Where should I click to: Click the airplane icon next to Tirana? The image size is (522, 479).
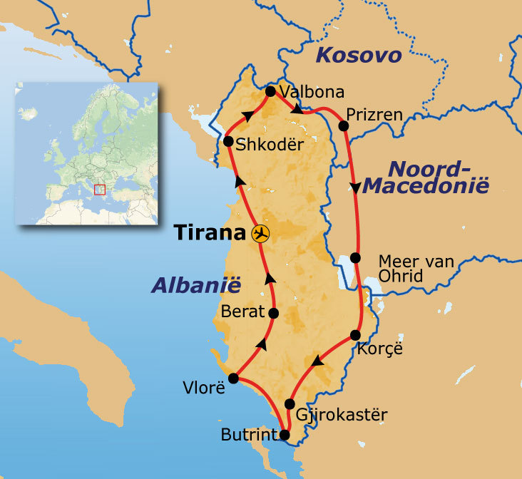(x=261, y=233)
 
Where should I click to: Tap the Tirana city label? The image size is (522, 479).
(x=213, y=233)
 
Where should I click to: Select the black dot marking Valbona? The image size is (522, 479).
(x=270, y=91)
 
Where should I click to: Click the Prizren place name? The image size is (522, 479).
(x=374, y=114)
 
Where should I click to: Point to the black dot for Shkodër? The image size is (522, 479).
(x=228, y=142)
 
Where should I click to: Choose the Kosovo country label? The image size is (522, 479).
(x=359, y=56)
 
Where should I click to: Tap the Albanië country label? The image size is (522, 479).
(x=196, y=285)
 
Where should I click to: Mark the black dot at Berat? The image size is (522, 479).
(x=273, y=313)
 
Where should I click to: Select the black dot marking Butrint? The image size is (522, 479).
(x=285, y=434)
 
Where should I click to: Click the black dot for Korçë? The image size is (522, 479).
(x=356, y=336)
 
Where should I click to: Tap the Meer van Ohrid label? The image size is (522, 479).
(x=416, y=269)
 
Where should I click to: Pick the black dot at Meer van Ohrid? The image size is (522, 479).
(x=356, y=259)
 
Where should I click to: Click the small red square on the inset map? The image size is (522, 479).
(x=100, y=190)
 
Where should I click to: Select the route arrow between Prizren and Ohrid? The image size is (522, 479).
(x=355, y=187)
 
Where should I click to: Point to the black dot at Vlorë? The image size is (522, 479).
(x=233, y=378)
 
